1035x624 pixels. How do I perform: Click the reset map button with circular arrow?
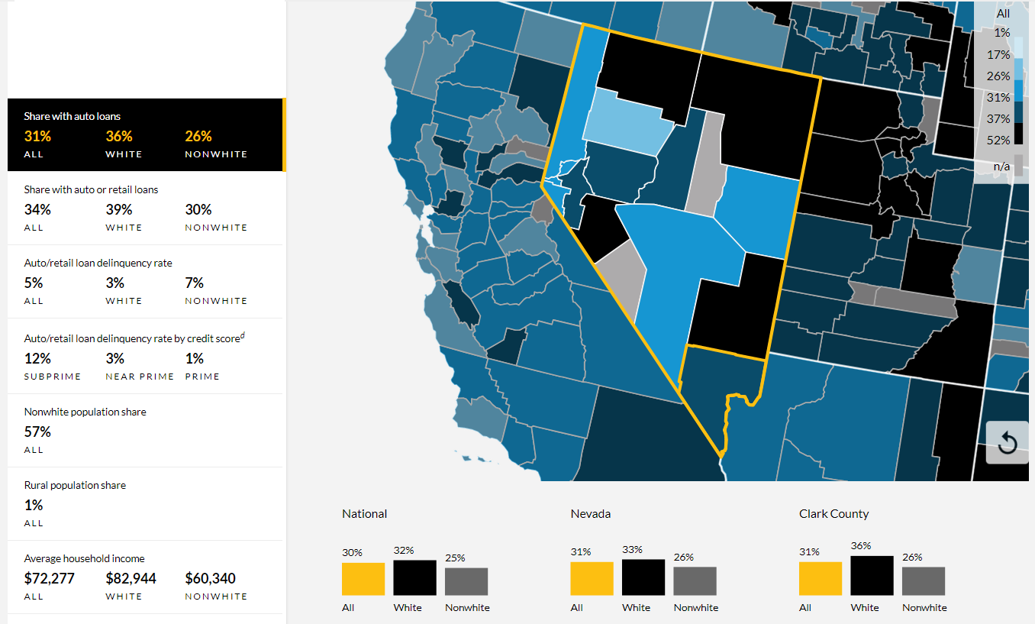click(x=1008, y=442)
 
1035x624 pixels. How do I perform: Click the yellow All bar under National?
click(x=363, y=579)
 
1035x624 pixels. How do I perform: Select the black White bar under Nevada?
click(x=643, y=577)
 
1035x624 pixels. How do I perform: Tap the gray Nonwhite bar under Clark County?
click(x=924, y=581)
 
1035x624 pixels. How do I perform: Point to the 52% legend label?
click(x=998, y=140)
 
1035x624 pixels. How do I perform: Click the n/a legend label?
click(x=1001, y=167)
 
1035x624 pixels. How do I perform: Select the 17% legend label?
click(x=998, y=54)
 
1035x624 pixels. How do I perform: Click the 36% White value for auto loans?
click(x=119, y=137)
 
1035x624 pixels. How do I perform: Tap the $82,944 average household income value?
click(x=131, y=578)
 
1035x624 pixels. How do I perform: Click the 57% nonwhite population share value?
click(x=37, y=432)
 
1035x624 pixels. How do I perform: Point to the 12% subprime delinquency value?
click(x=37, y=358)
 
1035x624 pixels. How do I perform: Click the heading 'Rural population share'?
click(x=75, y=485)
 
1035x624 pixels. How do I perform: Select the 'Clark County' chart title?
click(x=834, y=513)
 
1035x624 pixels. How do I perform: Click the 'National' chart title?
click(x=365, y=513)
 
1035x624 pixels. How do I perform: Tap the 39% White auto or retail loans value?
click(x=119, y=209)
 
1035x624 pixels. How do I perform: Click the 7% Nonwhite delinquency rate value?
click(x=194, y=283)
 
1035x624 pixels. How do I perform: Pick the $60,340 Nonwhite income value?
click(x=210, y=578)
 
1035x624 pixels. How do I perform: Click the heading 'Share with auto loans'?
click(x=72, y=116)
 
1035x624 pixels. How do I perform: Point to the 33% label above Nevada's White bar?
click(x=632, y=550)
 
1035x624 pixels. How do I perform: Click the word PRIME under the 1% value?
click(x=202, y=377)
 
